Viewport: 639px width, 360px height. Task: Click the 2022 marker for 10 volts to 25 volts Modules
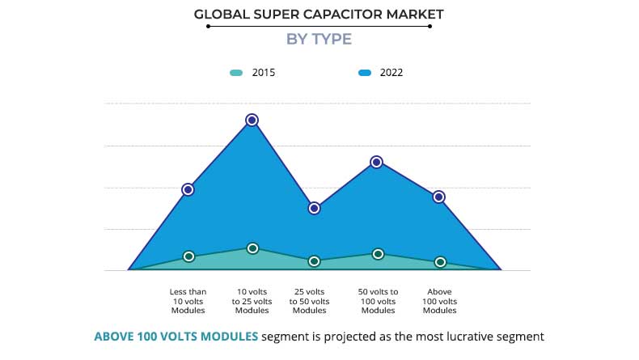(252, 120)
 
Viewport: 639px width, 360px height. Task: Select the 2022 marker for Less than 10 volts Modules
(188, 189)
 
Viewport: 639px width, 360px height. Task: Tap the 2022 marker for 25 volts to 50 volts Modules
(315, 208)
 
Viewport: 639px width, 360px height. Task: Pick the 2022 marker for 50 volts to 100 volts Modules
(376, 162)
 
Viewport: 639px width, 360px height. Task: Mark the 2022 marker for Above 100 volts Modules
(439, 197)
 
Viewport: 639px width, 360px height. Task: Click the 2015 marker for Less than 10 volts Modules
(188, 256)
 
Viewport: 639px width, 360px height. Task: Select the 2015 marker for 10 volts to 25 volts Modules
(252, 248)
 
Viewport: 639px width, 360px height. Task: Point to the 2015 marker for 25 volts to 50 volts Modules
(315, 261)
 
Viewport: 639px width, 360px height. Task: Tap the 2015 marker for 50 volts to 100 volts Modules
(378, 254)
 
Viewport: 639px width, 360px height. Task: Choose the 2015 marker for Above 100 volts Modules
(440, 262)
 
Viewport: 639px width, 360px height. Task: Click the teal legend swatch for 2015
(235, 73)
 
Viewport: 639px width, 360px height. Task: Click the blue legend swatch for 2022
(365, 73)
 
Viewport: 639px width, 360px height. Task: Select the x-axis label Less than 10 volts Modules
(188, 301)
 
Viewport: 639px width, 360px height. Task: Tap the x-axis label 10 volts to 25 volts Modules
(252, 301)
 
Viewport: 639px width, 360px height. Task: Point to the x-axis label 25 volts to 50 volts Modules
(309, 301)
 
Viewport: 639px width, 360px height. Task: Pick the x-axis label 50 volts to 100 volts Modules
(378, 301)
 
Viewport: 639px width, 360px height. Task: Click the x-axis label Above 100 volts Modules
(440, 301)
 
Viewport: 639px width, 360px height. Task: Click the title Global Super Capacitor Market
(319, 14)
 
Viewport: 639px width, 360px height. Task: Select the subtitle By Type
(319, 39)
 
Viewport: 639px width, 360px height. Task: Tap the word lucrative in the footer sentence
(461, 336)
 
